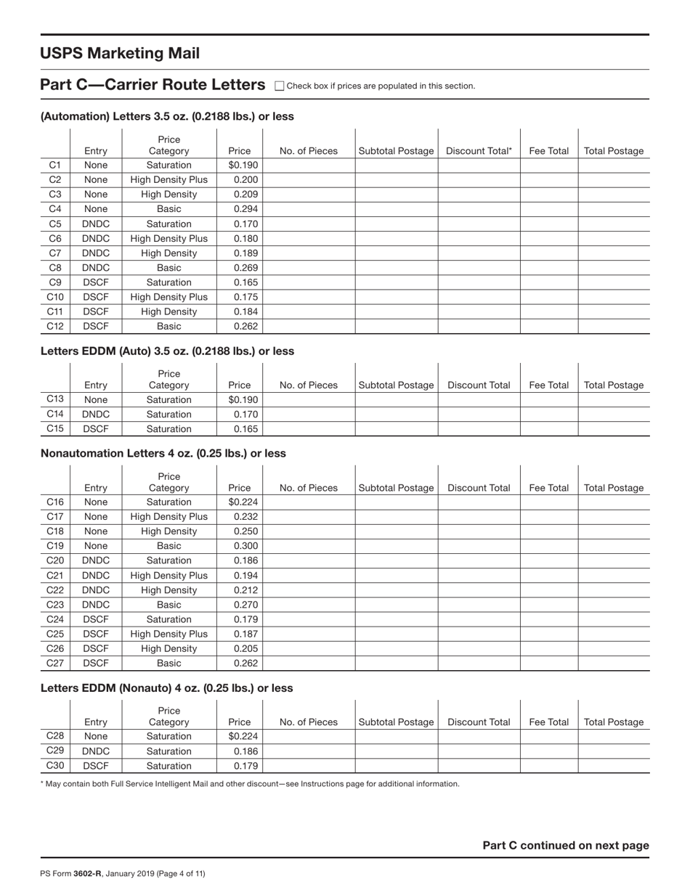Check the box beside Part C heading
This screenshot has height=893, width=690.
pyautogui.click(x=280, y=86)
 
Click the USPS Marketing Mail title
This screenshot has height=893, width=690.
pyautogui.click(x=120, y=54)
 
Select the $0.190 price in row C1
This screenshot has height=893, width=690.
pyautogui.click(x=243, y=165)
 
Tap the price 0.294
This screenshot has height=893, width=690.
pyautogui.click(x=245, y=209)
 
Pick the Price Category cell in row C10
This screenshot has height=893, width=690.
pyautogui.click(x=169, y=297)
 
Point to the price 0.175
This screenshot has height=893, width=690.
pyautogui.click(x=245, y=297)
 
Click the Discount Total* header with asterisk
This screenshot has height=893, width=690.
pyautogui.click(x=479, y=151)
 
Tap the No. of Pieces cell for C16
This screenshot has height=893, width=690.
pyautogui.click(x=308, y=502)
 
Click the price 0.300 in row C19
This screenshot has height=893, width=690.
pyautogui.click(x=245, y=546)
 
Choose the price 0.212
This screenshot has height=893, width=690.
pyautogui.click(x=245, y=590)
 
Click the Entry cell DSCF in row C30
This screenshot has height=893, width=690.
pyautogui.click(x=96, y=765)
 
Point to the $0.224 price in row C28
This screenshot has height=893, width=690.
pyautogui.click(x=243, y=736)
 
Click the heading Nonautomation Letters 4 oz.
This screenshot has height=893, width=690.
pyautogui.click(x=163, y=453)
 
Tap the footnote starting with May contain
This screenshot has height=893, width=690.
pyautogui.click(x=250, y=784)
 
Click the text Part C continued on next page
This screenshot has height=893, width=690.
pyautogui.click(x=566, y=845)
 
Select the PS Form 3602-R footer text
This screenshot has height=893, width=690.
pyautogui.click(x=123, y=873)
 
